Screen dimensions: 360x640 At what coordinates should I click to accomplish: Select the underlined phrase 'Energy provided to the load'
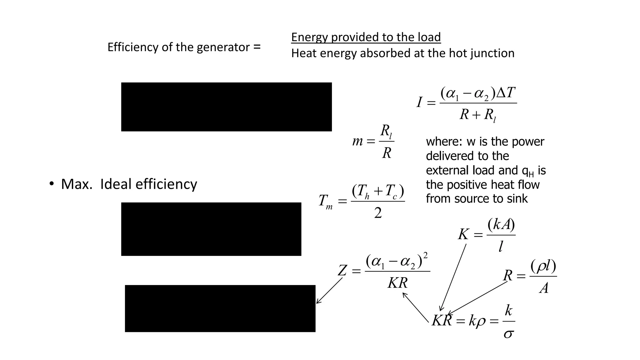coord(366,37)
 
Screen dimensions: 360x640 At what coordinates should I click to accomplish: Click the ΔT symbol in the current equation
coord(506,93)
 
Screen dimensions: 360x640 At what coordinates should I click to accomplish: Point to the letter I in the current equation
coord(419,102)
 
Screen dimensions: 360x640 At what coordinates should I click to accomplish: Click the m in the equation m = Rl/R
coord(357,141)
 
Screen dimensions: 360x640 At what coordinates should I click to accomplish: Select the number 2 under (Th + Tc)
coord(378,213)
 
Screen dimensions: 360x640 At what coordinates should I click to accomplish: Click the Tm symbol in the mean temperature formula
coord(325,201)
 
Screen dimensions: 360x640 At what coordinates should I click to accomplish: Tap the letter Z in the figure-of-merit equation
coord(342,270)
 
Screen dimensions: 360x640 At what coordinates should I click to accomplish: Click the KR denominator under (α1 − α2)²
coord(397,283)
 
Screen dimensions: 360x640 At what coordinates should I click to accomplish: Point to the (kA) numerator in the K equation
coord(501,224)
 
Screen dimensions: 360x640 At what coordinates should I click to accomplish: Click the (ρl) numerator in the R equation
coord(543,266)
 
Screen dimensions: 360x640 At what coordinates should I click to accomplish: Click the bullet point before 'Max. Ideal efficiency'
coord(51,184)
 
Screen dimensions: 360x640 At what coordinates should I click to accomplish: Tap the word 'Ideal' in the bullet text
coord(116,184)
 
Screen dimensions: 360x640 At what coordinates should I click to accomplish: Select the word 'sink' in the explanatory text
coord(517,199)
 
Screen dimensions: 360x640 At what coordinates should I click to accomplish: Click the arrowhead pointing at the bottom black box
coord(318,302)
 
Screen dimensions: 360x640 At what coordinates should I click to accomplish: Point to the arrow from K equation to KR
coord(453,277)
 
